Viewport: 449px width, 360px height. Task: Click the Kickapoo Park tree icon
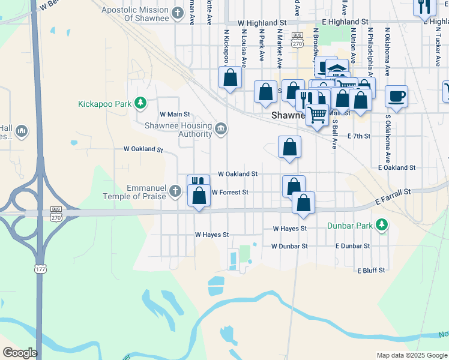140,103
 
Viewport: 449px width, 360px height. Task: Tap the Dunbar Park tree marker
381,226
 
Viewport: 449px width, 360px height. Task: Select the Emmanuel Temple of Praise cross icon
175,191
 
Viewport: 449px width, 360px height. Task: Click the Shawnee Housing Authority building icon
221,127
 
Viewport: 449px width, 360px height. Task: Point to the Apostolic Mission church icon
177,13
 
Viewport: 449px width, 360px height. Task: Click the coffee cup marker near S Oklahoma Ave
396,95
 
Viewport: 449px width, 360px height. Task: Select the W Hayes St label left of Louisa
212,235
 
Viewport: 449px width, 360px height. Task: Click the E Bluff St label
371,271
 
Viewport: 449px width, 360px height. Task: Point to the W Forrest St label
230,192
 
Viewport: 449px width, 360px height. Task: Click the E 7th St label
359,136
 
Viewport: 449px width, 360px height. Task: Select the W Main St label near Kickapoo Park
174,114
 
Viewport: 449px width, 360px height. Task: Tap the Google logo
20,353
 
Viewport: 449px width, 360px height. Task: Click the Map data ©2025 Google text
411,355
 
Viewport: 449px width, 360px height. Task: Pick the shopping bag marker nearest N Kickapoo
230,77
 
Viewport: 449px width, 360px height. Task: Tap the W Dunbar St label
289,246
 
